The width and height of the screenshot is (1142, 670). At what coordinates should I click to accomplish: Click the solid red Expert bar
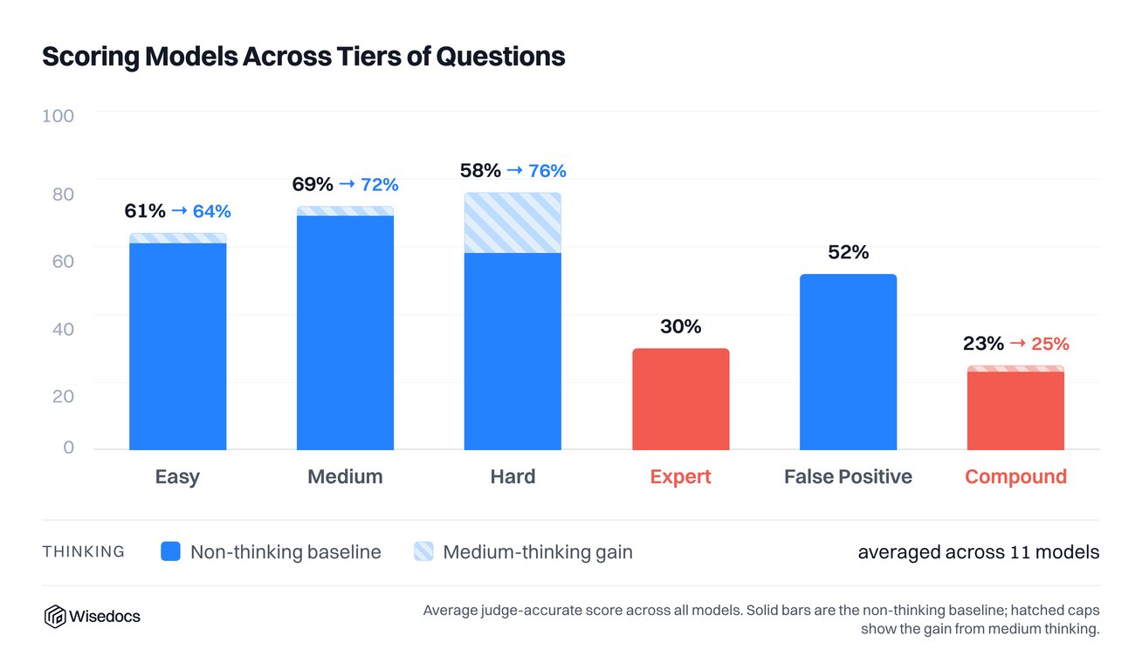(681, 399)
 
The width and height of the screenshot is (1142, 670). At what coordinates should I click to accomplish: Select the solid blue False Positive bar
(848, 362)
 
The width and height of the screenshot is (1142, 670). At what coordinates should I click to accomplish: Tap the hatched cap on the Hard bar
(513, 222)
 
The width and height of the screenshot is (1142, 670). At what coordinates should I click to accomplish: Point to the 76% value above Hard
(547, 171)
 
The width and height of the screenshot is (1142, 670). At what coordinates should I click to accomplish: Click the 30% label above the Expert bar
(681, 326)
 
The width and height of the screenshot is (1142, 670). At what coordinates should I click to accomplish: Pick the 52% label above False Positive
(849, 252)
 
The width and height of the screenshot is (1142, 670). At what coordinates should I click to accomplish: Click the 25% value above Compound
(1050, 344)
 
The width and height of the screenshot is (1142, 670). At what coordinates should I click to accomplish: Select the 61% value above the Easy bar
(145, 211)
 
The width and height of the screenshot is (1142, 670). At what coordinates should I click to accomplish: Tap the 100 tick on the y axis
(58, 116)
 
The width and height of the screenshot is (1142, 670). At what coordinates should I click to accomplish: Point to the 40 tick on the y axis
(63, 329)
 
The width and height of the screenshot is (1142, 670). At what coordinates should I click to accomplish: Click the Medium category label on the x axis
(345, 476)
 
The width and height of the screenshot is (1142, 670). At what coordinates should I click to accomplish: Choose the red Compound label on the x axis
(1015, 476)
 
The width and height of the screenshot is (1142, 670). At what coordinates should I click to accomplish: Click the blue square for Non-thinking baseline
(170, 551)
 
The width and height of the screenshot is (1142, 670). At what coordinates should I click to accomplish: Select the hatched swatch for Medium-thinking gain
(423, 551)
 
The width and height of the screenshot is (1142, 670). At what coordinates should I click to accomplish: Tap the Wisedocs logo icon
(54, 617)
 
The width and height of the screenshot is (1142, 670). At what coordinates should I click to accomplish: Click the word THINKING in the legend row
(84, 552)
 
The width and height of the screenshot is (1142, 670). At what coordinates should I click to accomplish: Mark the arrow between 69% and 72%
(347, 183)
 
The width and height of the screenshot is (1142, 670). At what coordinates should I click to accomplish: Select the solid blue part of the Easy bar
(178, 346)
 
